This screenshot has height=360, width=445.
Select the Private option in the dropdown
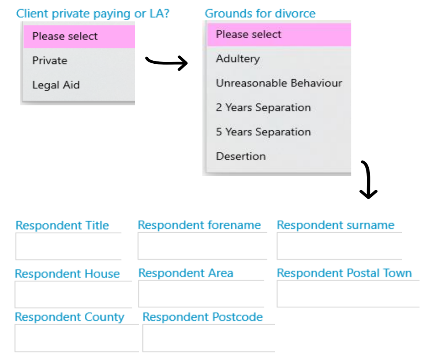click(50, 61)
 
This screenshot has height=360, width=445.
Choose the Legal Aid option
click(56, 85)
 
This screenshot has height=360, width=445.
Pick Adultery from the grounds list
click(238, 59)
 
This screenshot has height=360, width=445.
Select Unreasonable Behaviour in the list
click(279, 83)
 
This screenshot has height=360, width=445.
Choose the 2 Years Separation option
click(263, 108)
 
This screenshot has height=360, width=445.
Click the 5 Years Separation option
click(263, 132)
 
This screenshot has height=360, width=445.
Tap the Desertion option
click(241, 156)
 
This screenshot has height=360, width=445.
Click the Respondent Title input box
click(69, 246)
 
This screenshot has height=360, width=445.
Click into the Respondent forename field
click(202, 246)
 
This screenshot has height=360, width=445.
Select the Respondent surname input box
click(339, 246)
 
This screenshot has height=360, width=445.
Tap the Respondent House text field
click(74, 294)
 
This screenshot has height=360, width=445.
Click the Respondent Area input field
click(201, 294)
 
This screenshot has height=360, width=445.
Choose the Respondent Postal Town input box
click(348, 294)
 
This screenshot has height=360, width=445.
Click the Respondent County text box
click(77, 338)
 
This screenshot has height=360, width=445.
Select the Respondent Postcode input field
click(209, 338)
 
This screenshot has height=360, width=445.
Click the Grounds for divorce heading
click(260, 13)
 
